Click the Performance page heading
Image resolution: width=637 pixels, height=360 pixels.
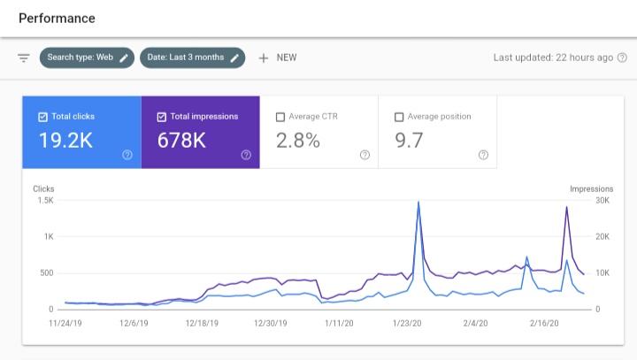(57, 18)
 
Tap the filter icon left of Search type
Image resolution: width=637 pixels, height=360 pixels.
(24, 57)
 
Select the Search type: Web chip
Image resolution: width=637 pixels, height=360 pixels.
(87, 57)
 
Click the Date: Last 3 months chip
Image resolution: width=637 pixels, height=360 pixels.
(193, 57)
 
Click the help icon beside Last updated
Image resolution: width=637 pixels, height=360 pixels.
(622, 57)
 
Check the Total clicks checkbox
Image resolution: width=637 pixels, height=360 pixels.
(43, 117)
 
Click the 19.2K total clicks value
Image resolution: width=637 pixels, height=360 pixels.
(65, 140)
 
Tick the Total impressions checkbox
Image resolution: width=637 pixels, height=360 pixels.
(162, 117)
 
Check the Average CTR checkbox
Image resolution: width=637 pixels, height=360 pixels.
(280, 117)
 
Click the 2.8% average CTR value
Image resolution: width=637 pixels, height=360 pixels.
(298, 140)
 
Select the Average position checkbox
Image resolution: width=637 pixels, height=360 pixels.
(399, 117)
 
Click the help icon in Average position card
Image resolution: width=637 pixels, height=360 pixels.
(483, 155)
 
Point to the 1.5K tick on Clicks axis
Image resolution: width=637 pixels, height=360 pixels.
(44, 201)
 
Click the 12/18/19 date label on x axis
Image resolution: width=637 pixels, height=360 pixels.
(202, 325)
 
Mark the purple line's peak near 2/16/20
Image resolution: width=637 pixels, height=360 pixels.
(566, 207)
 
